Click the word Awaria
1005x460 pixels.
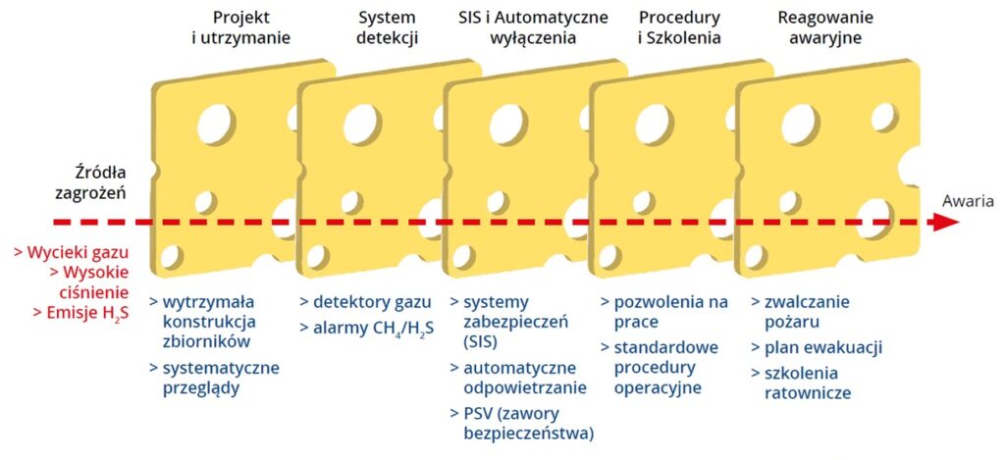(x=968, y=202)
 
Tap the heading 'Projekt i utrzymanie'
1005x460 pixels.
(x=241, y=26)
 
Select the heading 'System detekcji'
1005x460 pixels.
(x=387, y=26)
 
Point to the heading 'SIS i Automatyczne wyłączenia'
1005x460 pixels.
(x=533, y=26)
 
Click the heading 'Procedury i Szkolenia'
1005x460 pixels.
(x=679, y=26)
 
